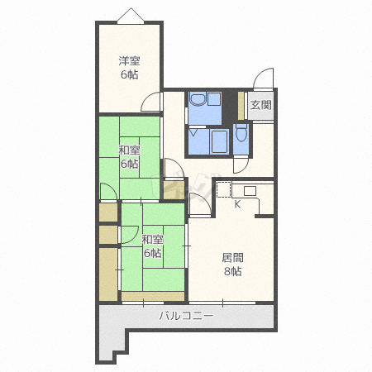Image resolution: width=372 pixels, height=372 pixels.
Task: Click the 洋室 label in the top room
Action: point(129,61)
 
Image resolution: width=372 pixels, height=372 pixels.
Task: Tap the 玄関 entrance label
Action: point(260,105)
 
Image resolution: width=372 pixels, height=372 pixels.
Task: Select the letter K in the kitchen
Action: point(237,204)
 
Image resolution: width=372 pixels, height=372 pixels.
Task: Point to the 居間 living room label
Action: point(232,258)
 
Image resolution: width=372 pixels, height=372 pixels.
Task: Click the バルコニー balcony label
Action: point(187,316)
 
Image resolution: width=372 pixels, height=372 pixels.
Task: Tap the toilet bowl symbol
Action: point(242,132)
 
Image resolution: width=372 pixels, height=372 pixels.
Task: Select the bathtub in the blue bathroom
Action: point(219,141)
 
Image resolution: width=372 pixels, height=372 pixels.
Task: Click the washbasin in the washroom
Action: point(198,99)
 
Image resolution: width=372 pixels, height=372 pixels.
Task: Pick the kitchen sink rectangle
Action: point(250,191)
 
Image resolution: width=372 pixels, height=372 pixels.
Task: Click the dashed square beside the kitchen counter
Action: point(223,189)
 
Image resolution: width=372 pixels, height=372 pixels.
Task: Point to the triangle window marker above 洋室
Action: point(131,16)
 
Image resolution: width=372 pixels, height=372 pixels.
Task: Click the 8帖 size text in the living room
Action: point(232,271)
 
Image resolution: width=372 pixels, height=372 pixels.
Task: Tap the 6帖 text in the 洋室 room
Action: point(129,74)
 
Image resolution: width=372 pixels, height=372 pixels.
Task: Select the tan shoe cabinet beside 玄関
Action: point(241,106)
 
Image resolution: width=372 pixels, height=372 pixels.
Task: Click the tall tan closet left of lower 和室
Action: point(108,274)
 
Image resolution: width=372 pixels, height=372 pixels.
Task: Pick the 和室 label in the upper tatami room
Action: point(129,150)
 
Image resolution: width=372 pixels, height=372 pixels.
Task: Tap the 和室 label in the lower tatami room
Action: point(152,240)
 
